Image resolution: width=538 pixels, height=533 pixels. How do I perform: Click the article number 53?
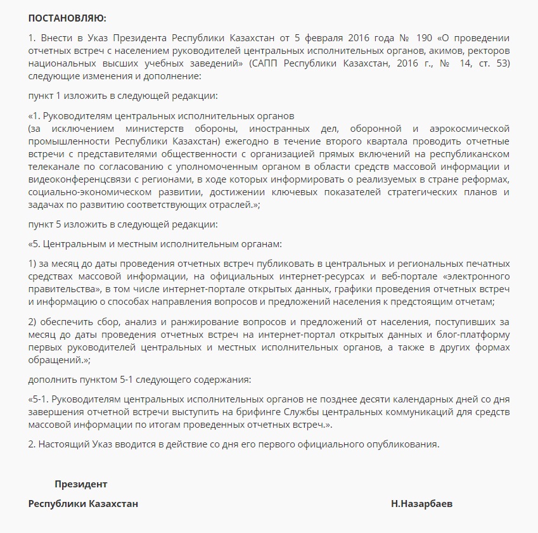coord(503,64)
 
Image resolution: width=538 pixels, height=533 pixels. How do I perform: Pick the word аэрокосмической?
coord(470,128)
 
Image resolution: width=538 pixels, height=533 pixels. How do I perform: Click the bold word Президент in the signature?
coord(80,484)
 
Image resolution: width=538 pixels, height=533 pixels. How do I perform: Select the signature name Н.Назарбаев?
coord(422,504)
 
